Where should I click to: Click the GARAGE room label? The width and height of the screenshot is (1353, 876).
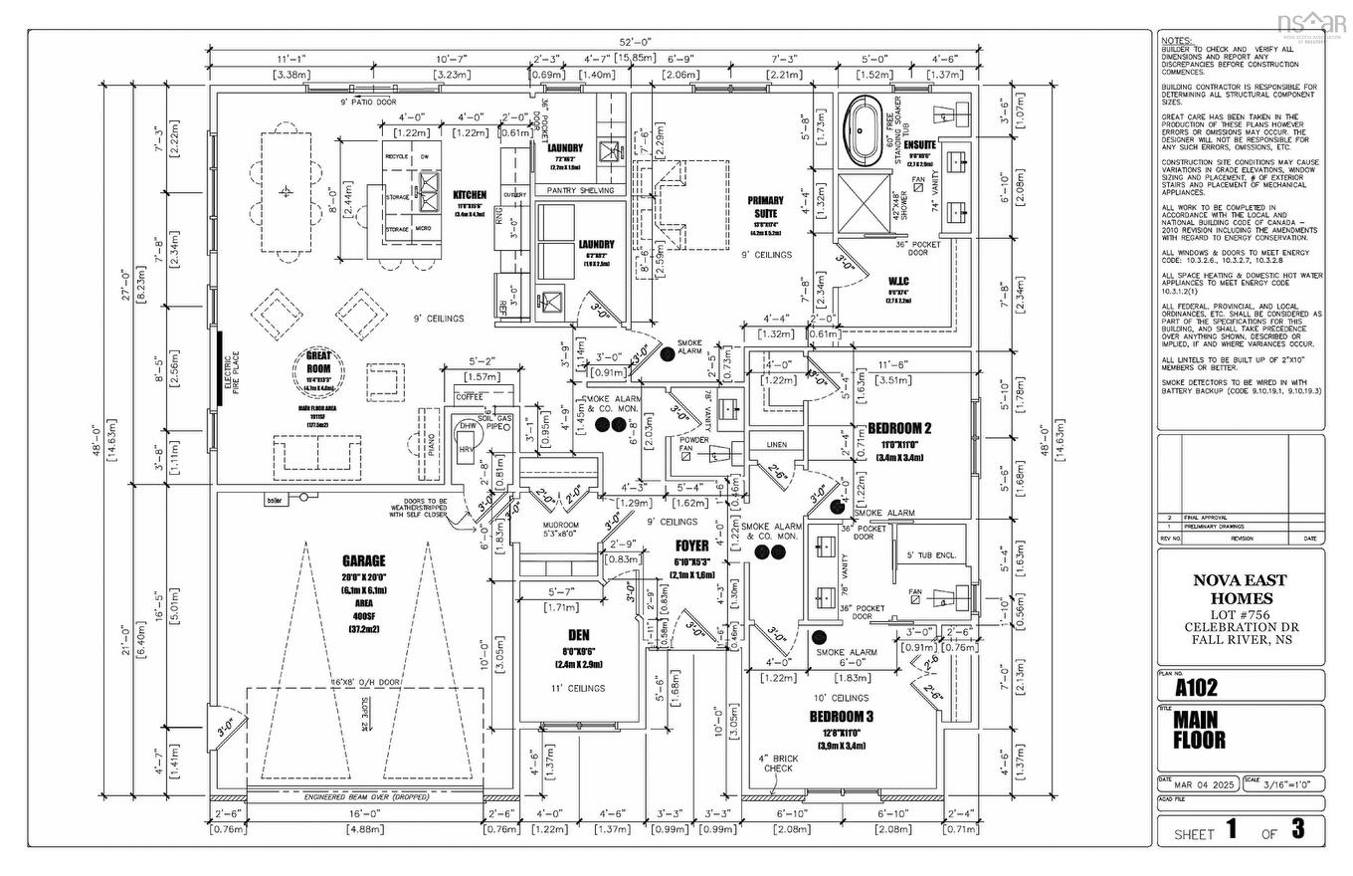(363, 561)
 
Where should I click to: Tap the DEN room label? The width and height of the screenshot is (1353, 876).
(578, 634)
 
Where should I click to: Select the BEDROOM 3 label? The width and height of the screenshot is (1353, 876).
(841, 717)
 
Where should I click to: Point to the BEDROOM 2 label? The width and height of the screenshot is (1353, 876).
(899, 428)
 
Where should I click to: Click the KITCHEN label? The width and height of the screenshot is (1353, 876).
(470, 195)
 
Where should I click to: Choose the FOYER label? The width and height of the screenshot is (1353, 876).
(692, 546)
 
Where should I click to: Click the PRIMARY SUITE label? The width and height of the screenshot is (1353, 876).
(765, 207)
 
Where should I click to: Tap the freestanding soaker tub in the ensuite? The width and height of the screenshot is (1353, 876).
(860, 132)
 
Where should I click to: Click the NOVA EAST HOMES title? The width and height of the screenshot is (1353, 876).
(1240, 589)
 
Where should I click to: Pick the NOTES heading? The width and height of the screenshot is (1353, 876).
(1177, 40)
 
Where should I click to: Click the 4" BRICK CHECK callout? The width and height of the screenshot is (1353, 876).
(779, 764)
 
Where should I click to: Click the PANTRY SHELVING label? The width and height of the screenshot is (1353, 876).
(581, 189)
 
